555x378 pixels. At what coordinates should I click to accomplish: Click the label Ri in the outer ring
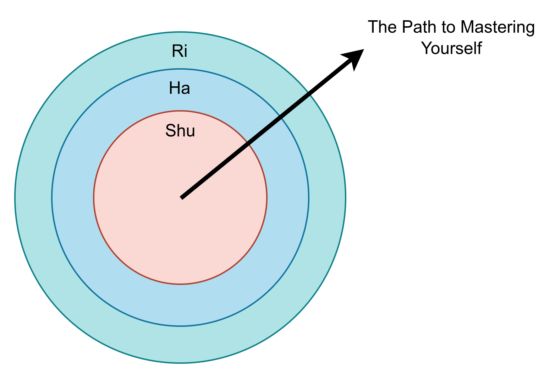point(180,51)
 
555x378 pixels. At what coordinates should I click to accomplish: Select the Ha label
point(180,88)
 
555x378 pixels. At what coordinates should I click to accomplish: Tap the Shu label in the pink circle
point(180,131)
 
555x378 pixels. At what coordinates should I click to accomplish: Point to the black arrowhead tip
point(363,50)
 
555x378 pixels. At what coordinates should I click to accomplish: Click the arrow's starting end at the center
point(181,198)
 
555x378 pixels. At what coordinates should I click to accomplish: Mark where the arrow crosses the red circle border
point(248,144)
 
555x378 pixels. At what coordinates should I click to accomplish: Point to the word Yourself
point(451,48)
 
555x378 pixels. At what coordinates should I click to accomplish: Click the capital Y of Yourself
point(426,48)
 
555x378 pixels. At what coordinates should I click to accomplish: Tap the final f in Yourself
point(479,48)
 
